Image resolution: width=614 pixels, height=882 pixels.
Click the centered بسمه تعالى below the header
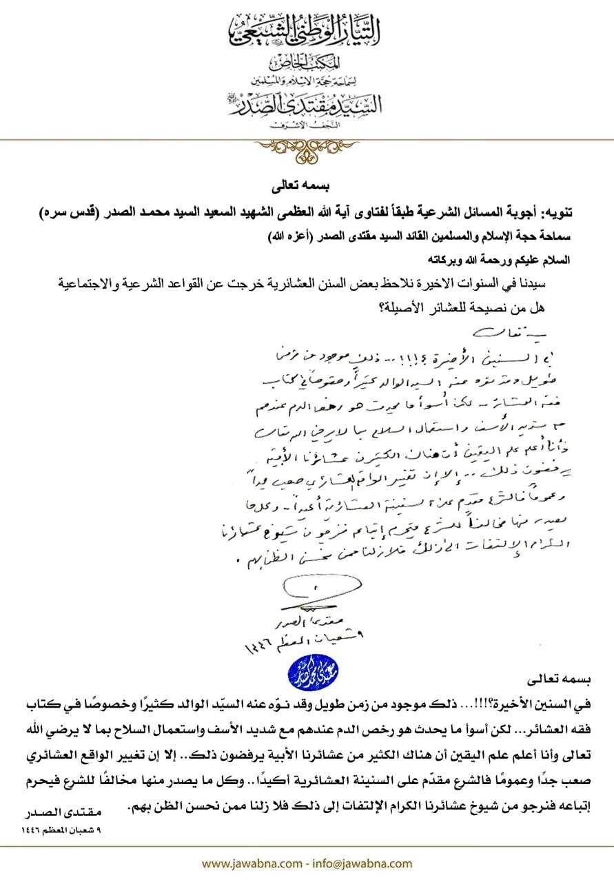[x=307, y=186]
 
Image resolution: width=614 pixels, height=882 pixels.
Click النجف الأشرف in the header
[x=307, y=123]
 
